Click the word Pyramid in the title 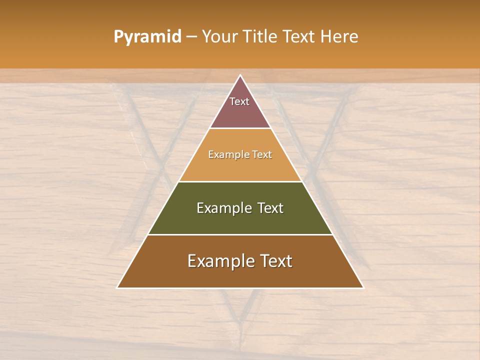point(147,37)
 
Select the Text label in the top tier point(239,101)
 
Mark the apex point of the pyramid point(240,75)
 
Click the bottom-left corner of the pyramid point(117,287)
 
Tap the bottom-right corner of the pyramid point(363,287)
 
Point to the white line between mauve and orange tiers point(240,128)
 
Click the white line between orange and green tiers point(240,181)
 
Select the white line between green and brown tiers point(240,234)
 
